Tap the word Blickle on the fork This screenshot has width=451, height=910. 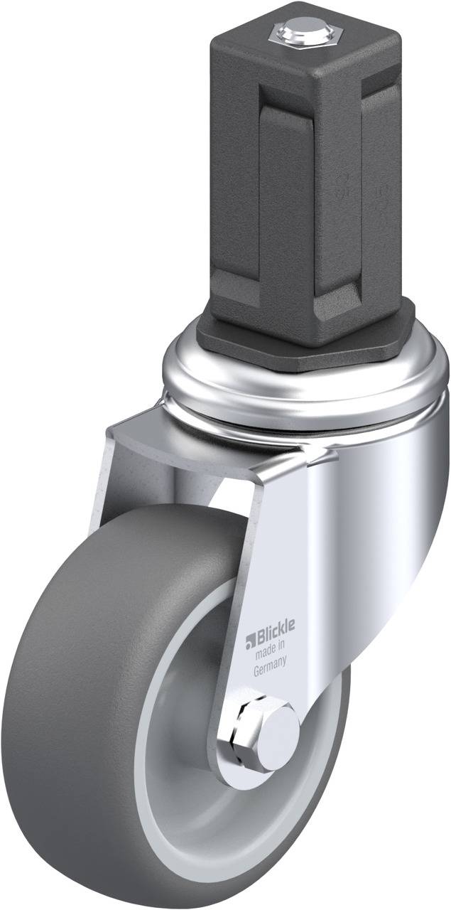(276, 626)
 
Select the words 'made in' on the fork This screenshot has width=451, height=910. (270, 646)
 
